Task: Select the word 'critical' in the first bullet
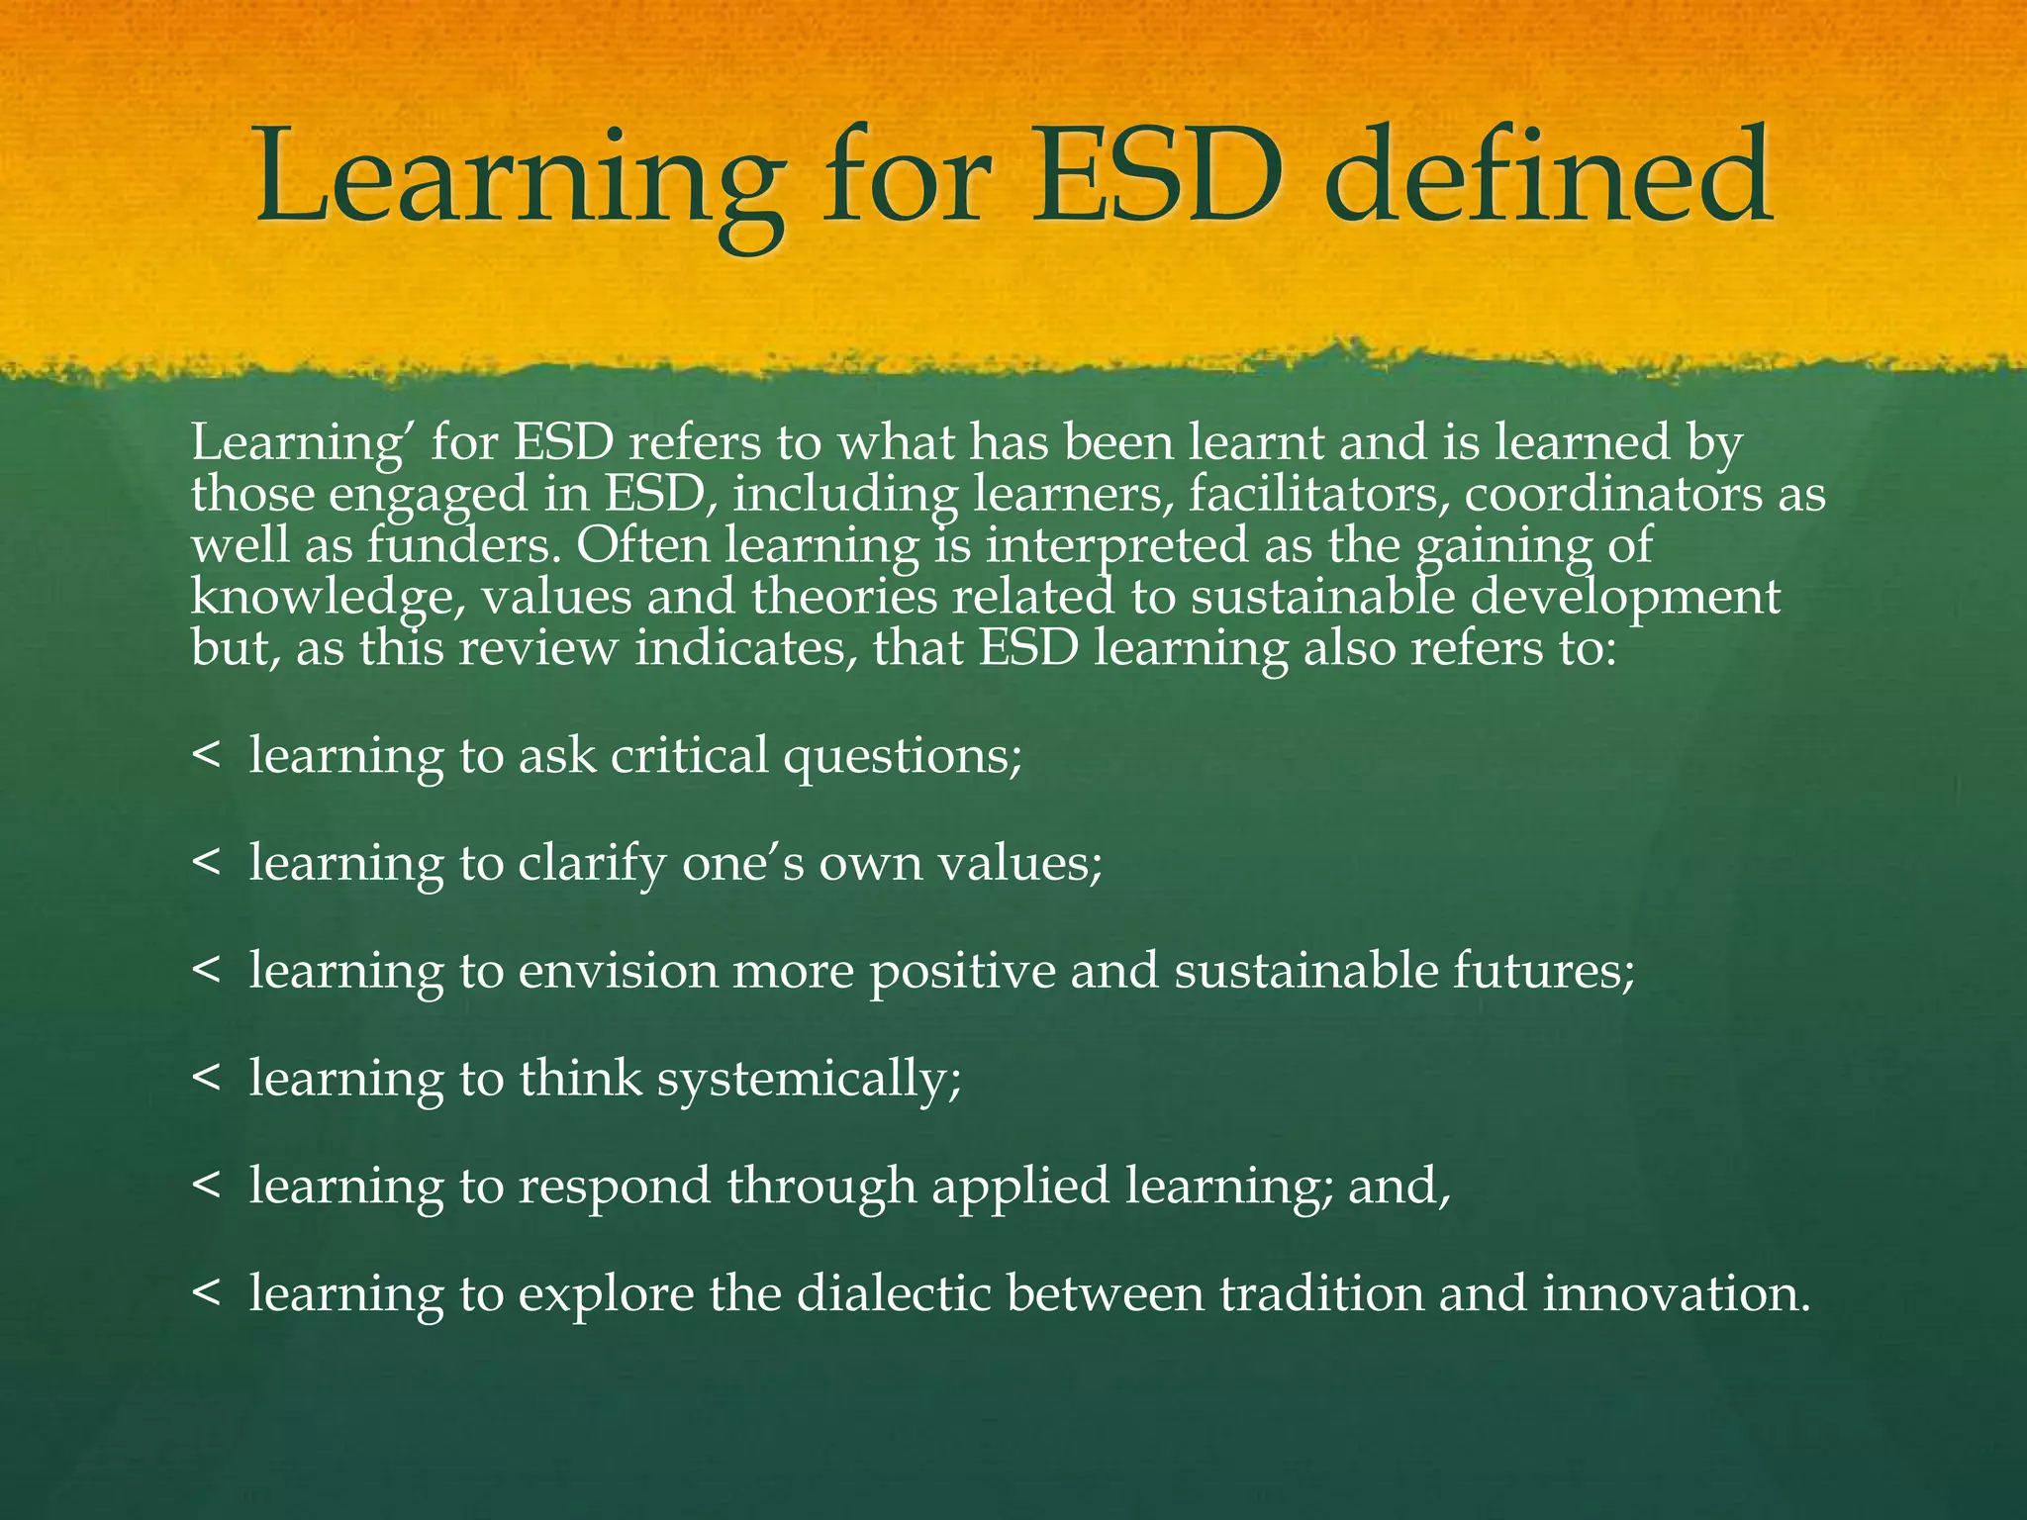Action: point(689,755)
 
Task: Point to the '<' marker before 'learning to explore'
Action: point(205,1292)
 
